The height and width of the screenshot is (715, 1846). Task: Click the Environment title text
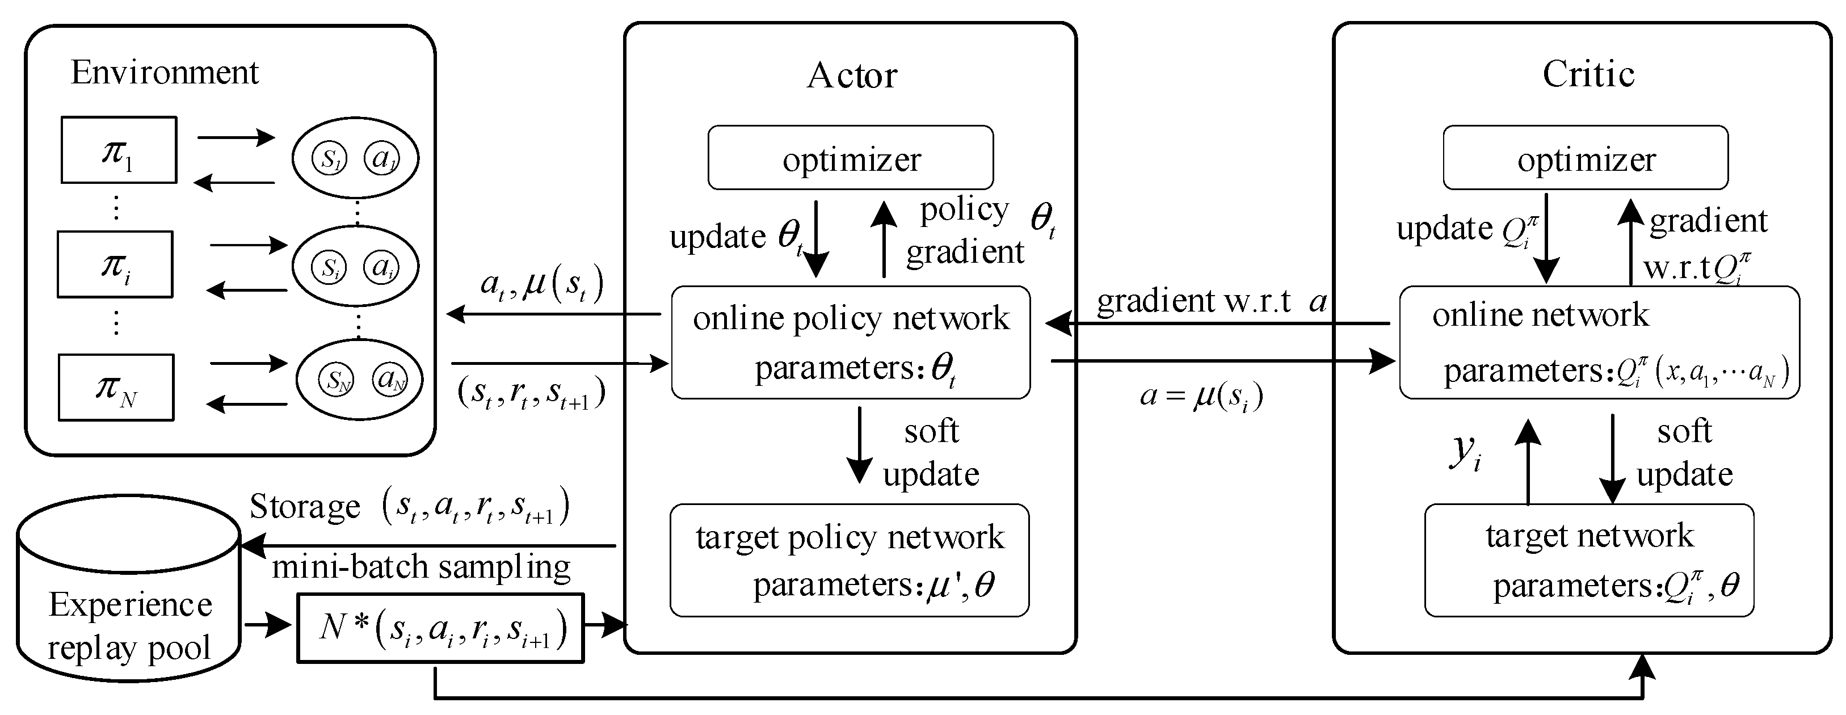[x=164, y=73]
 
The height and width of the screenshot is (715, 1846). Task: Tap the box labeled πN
[x=116, y=387]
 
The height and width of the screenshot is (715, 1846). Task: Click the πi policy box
[x=115, y=264]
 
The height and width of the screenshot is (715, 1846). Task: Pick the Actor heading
[x=851, y=75]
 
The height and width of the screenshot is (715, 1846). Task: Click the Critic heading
[x=1588, y=74]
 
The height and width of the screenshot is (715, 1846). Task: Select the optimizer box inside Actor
[x=851, y=158]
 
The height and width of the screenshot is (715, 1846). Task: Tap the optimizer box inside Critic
[x=1585, y=158]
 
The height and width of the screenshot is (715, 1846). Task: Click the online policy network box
[x=851, y=342]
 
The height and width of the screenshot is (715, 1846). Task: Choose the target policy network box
[x=849, y=560]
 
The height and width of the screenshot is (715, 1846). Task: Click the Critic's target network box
[x=1589, y=560]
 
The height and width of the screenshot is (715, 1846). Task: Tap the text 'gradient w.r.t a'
[x=1211, y=301]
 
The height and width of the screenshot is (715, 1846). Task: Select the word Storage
[x=305, y=507]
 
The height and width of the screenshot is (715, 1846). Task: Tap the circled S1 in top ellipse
[x=329, y=158]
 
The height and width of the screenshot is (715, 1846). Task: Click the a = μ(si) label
[x=1201, y=396]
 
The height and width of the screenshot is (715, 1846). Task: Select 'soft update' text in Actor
[x=930, y=453]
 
